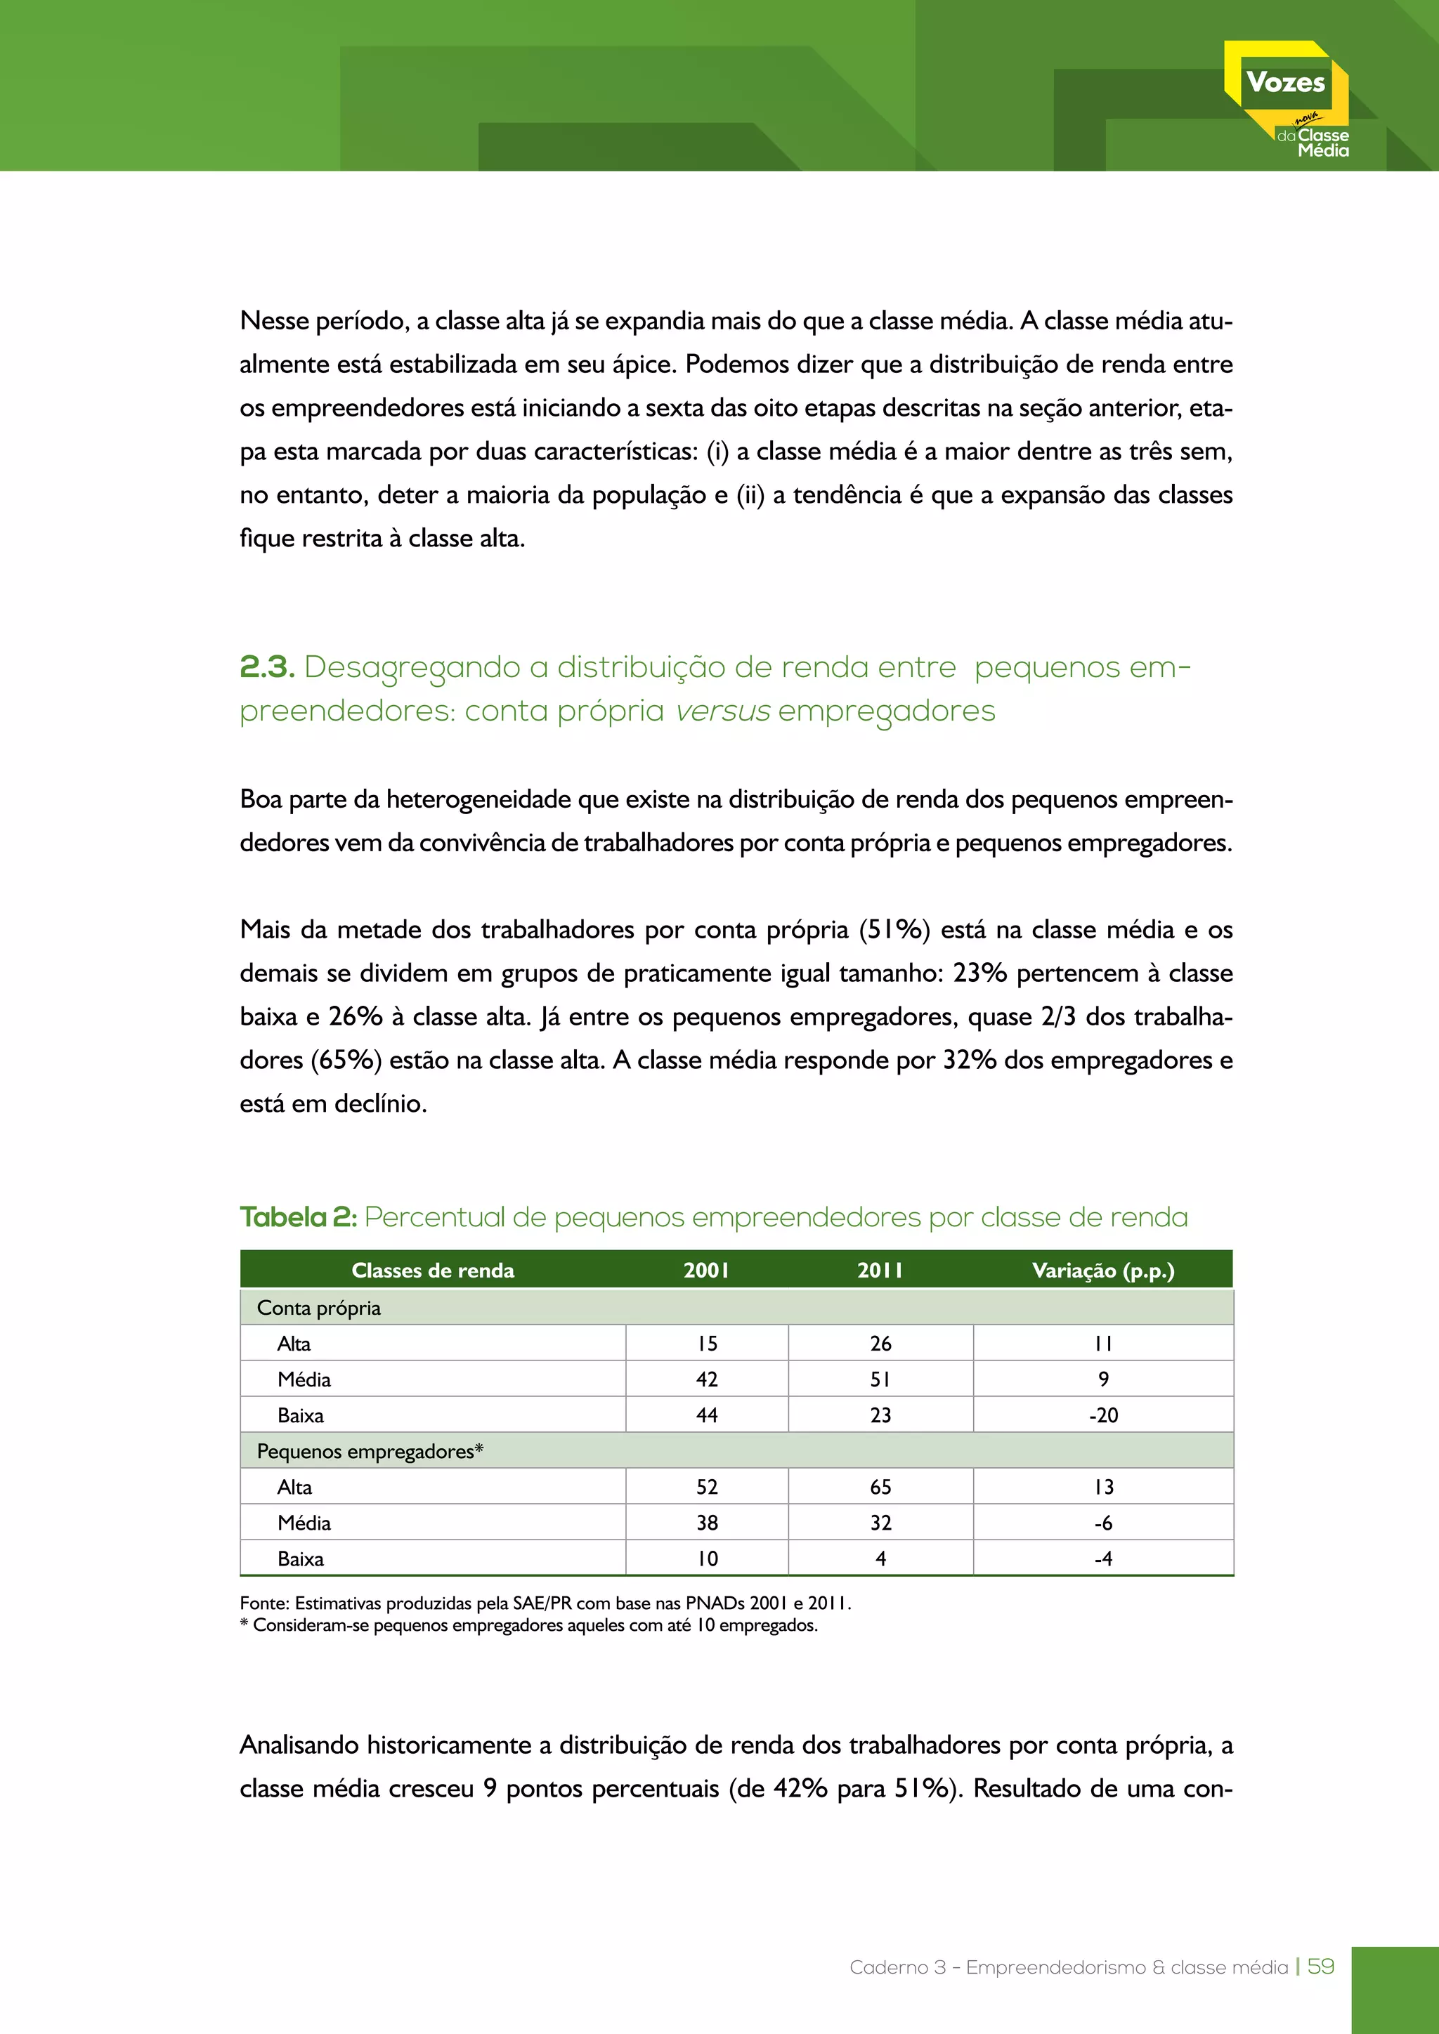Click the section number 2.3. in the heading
pyautogui.click(x=267, y=667)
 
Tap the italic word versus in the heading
pyautogui.click(x=722, y=711)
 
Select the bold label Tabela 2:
pyautogui.click(x=298, y=1217)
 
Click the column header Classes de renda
pyautogui.click(x=432, y=1271)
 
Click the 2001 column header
pyautogui.click(x=706, y=1271)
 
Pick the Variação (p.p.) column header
pyautogui.click(x=1102, y=1271)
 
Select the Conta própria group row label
pyautogui.click(x=319, y=1308)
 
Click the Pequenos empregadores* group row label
pyautogui.click(x=370, y=1451)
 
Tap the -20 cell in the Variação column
pyautogui.click(x=1103, y=1415)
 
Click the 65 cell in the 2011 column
pyautogui.click(x=880, y=1487)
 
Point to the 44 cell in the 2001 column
pyautogui.click(x=706, y=1415)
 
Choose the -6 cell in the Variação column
pyautogui.click(x=1103, y=1523)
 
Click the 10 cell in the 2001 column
pyautogui.click(x=706, y=1559)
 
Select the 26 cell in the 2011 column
pyautogui.click(x=880, y=1344)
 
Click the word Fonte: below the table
pyautogui.click(x=264, y=1603)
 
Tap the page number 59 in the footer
pyautogui.click(x=1320, y=1966)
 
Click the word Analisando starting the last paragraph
pyautogui.click(x=299, y=1745)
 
